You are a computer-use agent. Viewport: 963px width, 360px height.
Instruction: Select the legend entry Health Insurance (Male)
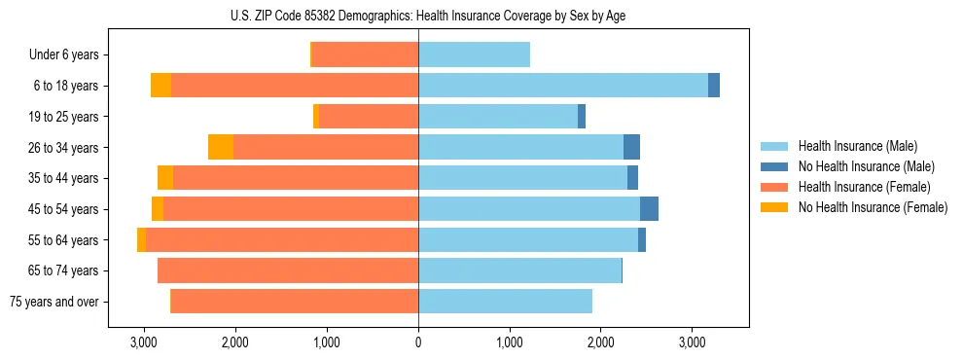[856, 146]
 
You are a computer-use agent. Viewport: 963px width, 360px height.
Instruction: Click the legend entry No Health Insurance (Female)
[873, 207]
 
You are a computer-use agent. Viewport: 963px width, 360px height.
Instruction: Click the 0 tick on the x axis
[418, 342]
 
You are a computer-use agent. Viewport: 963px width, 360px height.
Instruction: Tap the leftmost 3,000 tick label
[144, 342]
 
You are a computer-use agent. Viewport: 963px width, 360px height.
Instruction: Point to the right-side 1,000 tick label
[510, 342]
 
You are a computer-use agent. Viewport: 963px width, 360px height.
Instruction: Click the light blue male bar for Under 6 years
[474, 55]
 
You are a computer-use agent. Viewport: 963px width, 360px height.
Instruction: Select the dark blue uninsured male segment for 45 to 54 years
[649, 209]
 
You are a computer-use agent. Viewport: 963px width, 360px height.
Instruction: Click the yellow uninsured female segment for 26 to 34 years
[221, 148]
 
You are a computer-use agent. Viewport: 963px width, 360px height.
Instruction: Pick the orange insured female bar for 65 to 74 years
[288, 270]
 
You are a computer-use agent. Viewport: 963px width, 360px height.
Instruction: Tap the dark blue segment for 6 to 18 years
[714, 86]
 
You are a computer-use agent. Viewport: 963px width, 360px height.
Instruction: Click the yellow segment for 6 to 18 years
[160, 86]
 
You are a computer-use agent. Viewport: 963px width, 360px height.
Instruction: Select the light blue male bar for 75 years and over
[505, 302]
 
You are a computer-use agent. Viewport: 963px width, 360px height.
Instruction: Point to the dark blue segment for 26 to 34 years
[631, 148]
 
